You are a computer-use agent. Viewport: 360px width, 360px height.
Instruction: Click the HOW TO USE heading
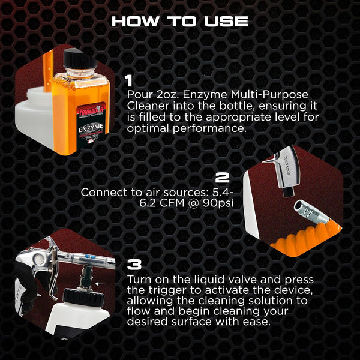point(180,22)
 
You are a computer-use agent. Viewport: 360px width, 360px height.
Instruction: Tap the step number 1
point(130,81)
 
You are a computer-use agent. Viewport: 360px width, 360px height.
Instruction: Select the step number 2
point(223,178)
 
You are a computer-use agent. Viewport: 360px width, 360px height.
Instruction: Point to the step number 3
point(134,265)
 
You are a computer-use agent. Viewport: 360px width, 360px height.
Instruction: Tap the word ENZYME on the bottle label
point(91,129)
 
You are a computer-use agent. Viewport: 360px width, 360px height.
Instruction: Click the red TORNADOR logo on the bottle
point(91,111)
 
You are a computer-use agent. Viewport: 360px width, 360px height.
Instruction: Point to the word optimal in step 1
point(148,128)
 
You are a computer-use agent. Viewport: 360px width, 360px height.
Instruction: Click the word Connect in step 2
point(104,193)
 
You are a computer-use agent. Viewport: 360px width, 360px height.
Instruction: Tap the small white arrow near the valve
point(100,284)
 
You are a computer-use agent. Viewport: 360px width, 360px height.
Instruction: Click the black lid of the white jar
point(83,297)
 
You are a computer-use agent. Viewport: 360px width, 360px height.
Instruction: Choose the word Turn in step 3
point(139,280)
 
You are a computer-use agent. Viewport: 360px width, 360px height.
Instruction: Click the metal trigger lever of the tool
point(53,273)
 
